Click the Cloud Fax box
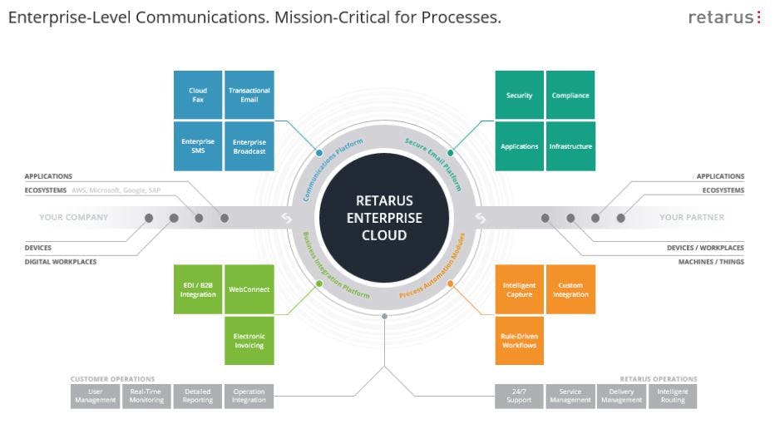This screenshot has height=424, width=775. click(198, 95)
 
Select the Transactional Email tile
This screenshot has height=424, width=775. click(249, 95)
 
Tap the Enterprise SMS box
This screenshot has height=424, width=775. click(198, 146)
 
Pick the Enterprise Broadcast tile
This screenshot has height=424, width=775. click(249, 146)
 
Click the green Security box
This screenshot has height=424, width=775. click(519, 95)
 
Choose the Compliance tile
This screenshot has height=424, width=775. click(570, 95)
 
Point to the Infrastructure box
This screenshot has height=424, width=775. click(570, 146)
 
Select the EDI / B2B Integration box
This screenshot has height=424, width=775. click(198, 289)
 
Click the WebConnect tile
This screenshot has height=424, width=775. click(249, 289)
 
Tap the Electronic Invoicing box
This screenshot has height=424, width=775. click(249, 341)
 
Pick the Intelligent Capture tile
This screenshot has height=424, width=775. click(519, 289)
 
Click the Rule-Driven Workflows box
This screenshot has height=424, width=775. click(519, 341)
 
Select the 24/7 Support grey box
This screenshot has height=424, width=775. click(519, 397)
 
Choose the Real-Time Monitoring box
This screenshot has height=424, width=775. click(146, 397)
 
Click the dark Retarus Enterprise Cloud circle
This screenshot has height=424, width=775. click(384, 218)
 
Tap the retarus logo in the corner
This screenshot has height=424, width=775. click(724, 17)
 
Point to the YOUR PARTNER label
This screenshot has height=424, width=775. click(692, 218)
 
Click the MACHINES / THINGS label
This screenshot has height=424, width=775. click(711, 262)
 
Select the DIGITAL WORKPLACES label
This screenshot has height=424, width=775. click(61, 262)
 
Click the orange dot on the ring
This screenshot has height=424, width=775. click(450, 283)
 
